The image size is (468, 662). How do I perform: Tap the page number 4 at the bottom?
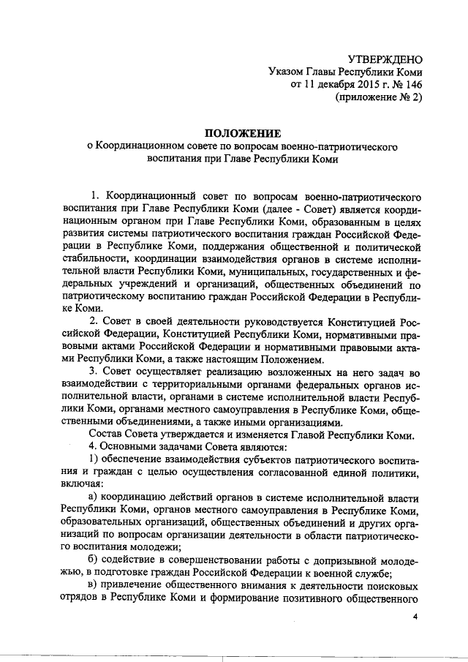(415, 617)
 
